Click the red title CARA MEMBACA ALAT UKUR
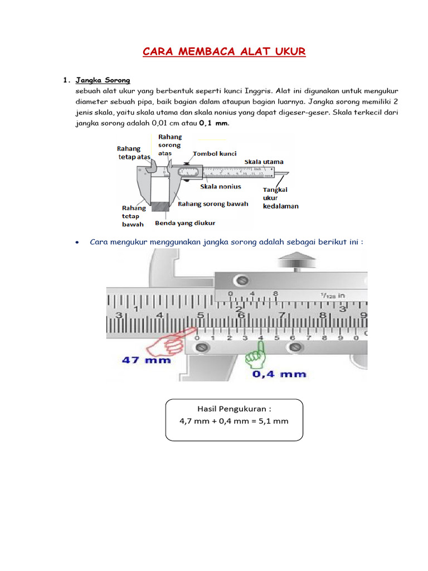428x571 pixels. [224, 52]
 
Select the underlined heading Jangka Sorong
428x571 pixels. [103, 80]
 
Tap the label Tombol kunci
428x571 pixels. [215, 153]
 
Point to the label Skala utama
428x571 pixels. [264, 162]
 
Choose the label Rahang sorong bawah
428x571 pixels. [213, 204]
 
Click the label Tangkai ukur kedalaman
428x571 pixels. [280, 198]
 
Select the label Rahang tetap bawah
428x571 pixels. [134, 215]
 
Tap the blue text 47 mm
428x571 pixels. [142, 360]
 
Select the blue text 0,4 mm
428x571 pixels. [280, 374]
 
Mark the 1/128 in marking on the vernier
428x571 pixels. [333, 295]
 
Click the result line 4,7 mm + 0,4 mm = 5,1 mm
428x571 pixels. [234, 421]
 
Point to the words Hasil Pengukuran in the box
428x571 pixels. [234, 409]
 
